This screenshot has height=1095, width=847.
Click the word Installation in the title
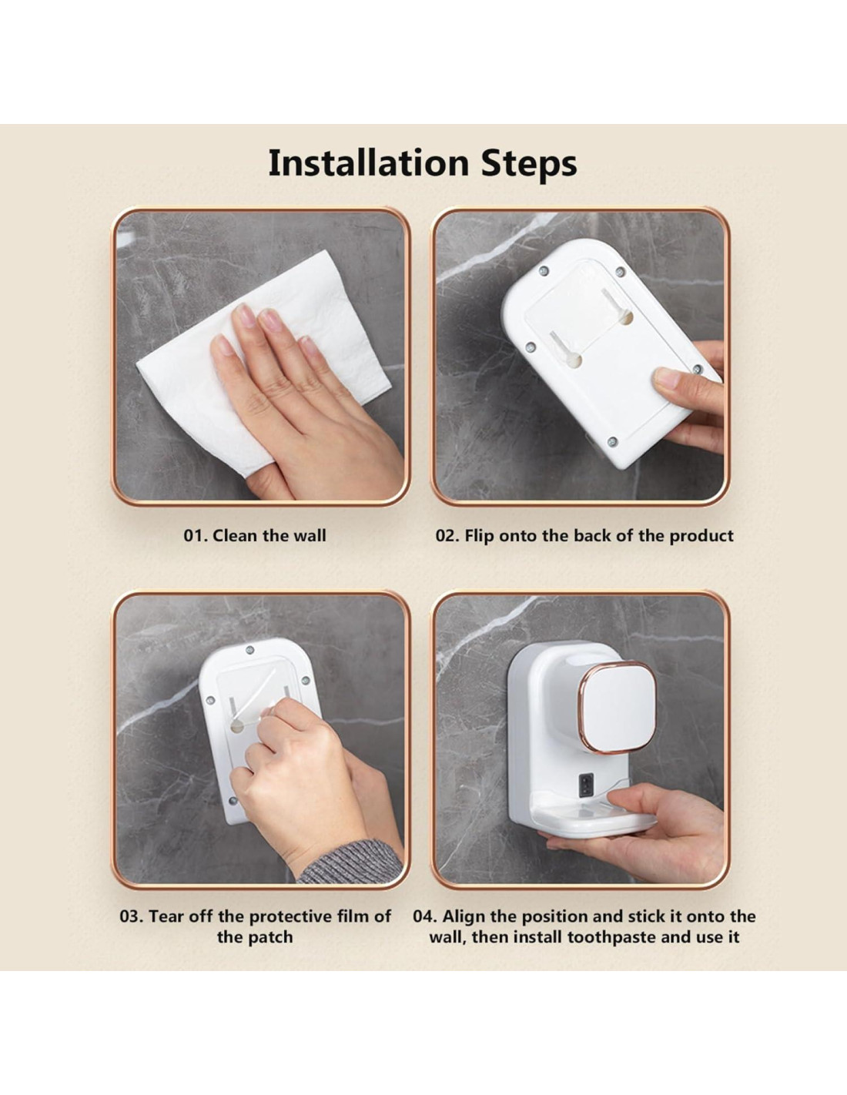coord(368,162)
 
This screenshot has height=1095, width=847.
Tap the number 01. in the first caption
coord(196,536)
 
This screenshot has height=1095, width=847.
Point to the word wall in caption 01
coord(310,535)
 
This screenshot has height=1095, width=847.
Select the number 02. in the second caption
coord(448,536)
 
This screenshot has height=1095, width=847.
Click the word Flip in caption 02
coord(478,536)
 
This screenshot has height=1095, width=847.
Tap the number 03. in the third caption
coord(132,916)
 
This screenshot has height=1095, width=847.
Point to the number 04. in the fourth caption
coord(426,916)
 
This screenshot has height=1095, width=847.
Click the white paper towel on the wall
coord(262,363)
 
